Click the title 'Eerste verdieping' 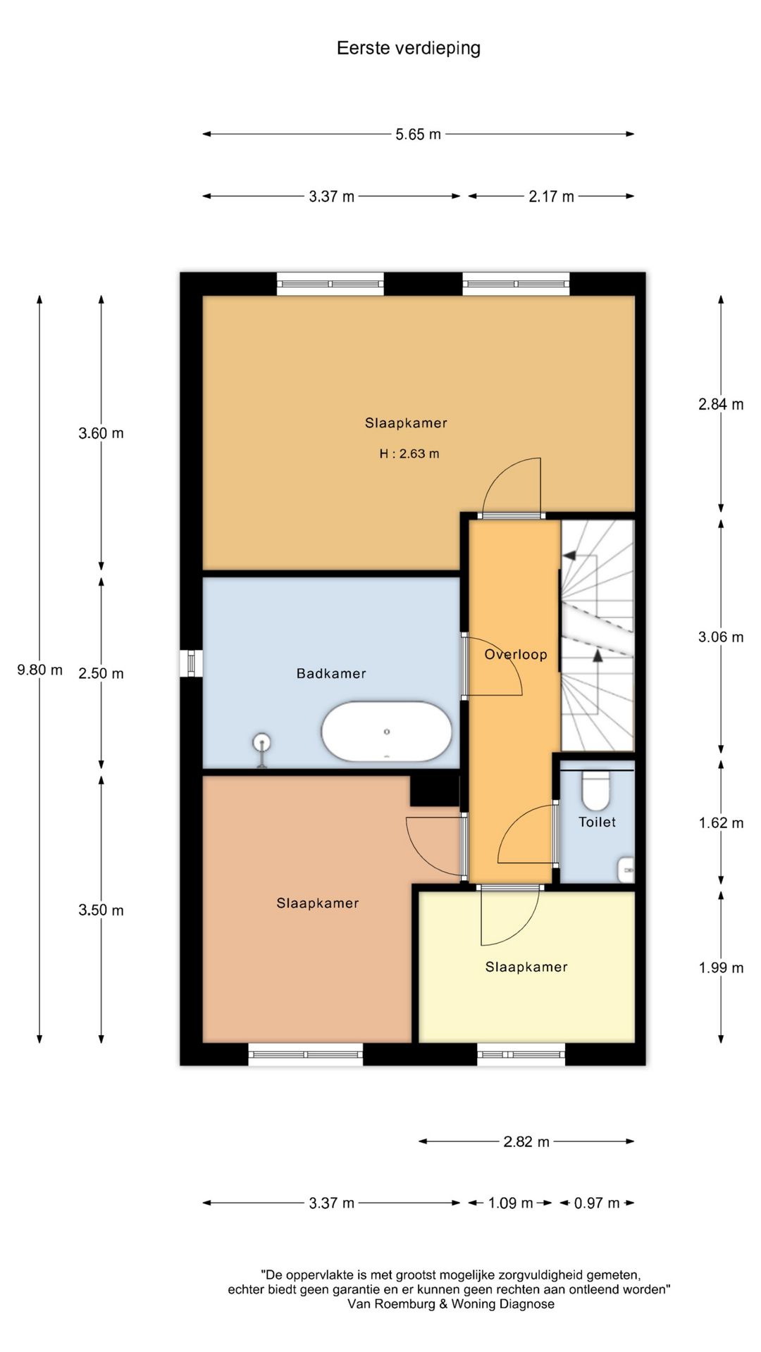coord(409,49)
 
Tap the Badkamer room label coord(331,674)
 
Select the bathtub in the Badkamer coord(387,732)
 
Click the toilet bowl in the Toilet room coord(596,790)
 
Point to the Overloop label coord(516,655)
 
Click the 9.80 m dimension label coord(39,670)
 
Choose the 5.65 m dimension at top coord(419,134)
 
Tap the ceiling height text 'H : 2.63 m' coord(409,454)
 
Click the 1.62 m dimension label coord(721,823)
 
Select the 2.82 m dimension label coord(526,1142)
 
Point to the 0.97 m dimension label coord(597,1203)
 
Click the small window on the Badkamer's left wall coord(191,663)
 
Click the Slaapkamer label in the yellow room coord(526,968)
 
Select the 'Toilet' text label coord(598,822)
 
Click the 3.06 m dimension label coord(721,637)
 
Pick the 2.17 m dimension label coord(552,197)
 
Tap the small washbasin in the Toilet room coord(626,870)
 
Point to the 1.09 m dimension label coord(511,1203)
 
